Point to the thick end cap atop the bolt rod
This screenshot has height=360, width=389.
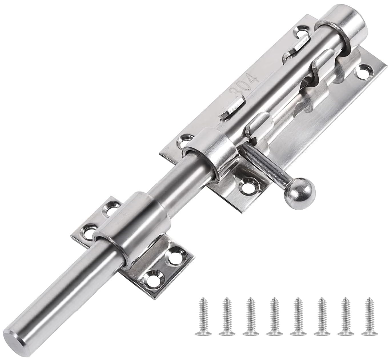point(343,25)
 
